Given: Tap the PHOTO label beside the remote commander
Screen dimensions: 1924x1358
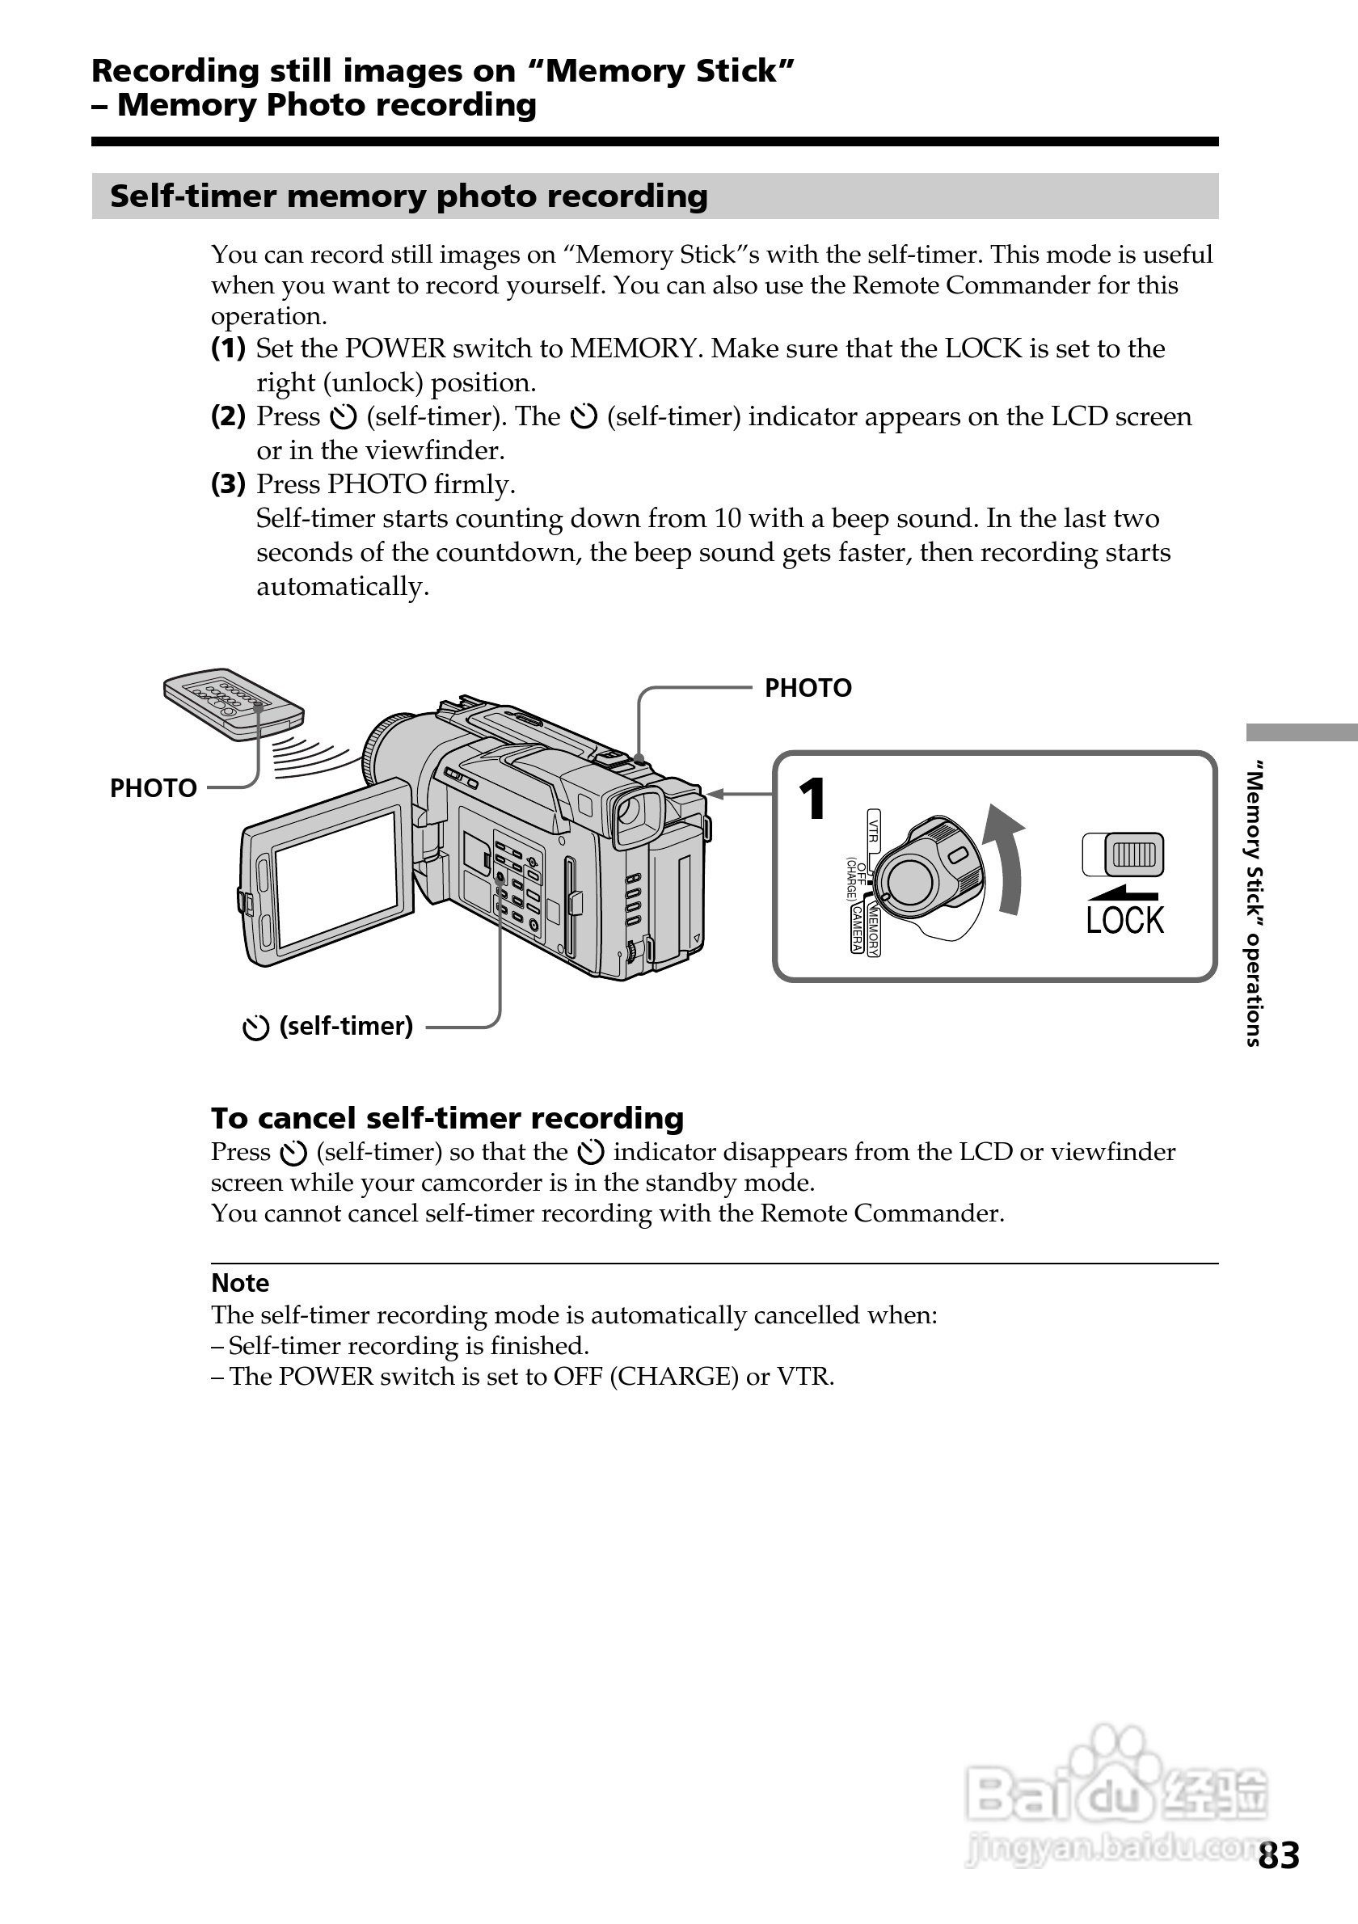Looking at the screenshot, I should point(154,787).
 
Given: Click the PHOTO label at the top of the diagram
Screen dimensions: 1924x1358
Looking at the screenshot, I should point(808,688).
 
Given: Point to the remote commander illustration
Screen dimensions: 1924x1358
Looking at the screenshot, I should point(233,703).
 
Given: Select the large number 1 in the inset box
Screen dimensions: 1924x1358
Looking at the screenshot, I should point(812,800).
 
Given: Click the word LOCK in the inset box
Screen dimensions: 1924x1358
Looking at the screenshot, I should point(1124,920).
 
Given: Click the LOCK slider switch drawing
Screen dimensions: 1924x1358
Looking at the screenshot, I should point(1123,854).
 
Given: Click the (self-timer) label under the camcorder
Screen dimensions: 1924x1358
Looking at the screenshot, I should point(345,1026).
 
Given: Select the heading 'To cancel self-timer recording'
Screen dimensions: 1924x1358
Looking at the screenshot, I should point(447,1118).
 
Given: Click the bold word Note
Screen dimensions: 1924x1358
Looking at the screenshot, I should point(239,1283).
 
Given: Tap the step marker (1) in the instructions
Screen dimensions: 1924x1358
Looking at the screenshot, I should point(228,348).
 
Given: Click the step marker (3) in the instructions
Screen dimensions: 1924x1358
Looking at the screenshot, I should point(228,483).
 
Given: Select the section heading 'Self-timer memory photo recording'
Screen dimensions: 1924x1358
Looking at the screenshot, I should point(409,196).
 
